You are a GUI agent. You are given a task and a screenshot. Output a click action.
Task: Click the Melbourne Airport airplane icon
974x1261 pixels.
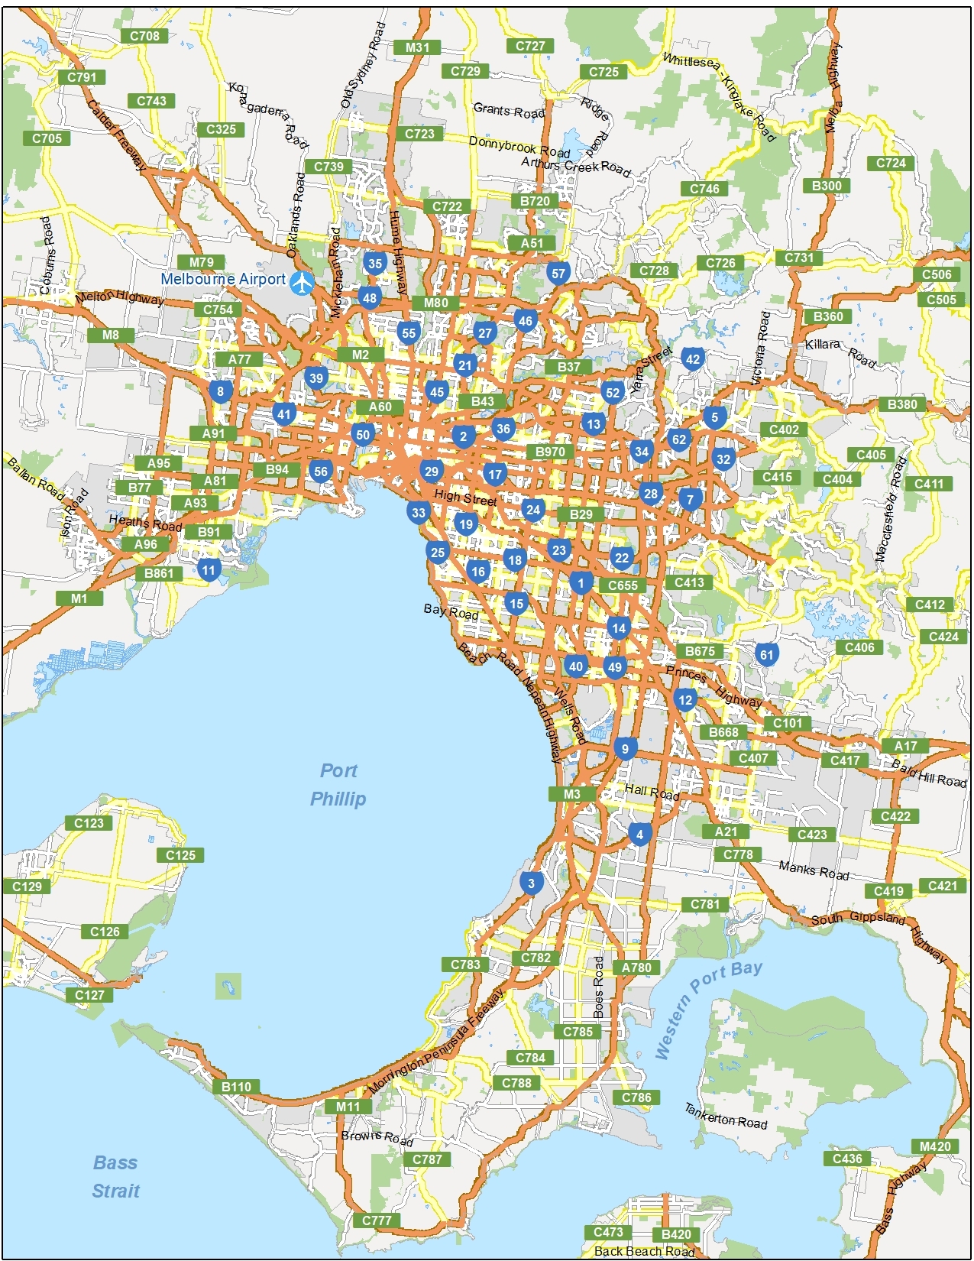303,282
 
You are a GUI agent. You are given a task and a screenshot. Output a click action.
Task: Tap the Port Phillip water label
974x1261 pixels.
338,785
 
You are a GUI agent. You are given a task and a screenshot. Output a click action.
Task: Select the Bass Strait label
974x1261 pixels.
115,1177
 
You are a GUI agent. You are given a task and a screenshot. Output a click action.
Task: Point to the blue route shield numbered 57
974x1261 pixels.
558,274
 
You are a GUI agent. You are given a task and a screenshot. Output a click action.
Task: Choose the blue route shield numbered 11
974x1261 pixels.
209,570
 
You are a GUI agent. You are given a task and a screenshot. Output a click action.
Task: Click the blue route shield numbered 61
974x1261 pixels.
766,654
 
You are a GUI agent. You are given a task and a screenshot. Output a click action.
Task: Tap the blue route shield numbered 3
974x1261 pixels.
532,884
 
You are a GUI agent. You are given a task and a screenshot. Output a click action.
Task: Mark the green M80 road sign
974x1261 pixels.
435,303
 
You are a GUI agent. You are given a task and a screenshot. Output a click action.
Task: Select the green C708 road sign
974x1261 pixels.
144,36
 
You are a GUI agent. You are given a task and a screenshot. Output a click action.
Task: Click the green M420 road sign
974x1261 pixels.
935,1146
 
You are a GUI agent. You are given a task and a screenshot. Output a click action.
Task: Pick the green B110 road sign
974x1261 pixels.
236,1087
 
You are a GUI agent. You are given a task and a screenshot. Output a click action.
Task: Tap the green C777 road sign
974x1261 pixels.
377,1220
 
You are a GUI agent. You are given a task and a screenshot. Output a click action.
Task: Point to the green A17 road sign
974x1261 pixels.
905,746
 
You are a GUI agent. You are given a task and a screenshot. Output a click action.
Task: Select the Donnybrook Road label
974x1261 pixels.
519,146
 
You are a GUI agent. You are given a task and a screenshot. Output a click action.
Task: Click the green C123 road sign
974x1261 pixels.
89,823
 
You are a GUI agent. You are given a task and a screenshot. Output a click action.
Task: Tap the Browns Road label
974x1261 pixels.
377,1138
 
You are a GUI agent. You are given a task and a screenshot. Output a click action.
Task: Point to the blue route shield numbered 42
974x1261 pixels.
692,359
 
